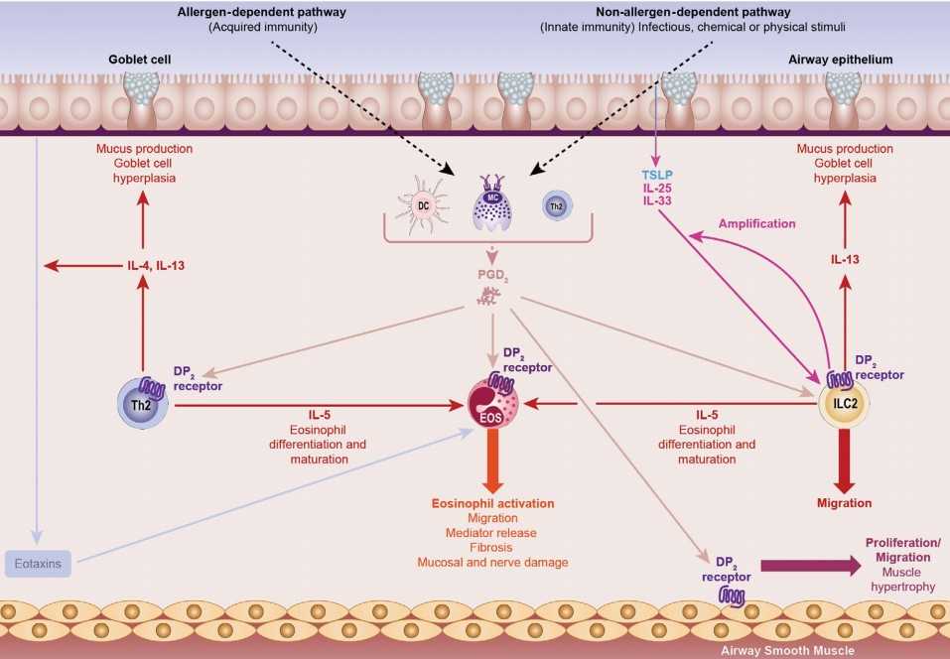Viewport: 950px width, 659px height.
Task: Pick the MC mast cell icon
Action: point(492,204)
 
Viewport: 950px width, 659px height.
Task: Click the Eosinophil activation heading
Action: point(492,504)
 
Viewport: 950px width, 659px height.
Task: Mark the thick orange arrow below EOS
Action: point(493,461)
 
